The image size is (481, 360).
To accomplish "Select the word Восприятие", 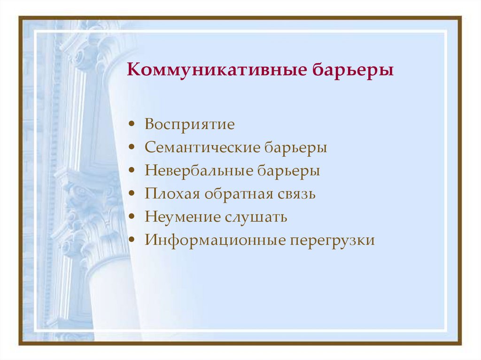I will (189, 125).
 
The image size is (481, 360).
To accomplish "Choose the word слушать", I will (255, 217).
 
